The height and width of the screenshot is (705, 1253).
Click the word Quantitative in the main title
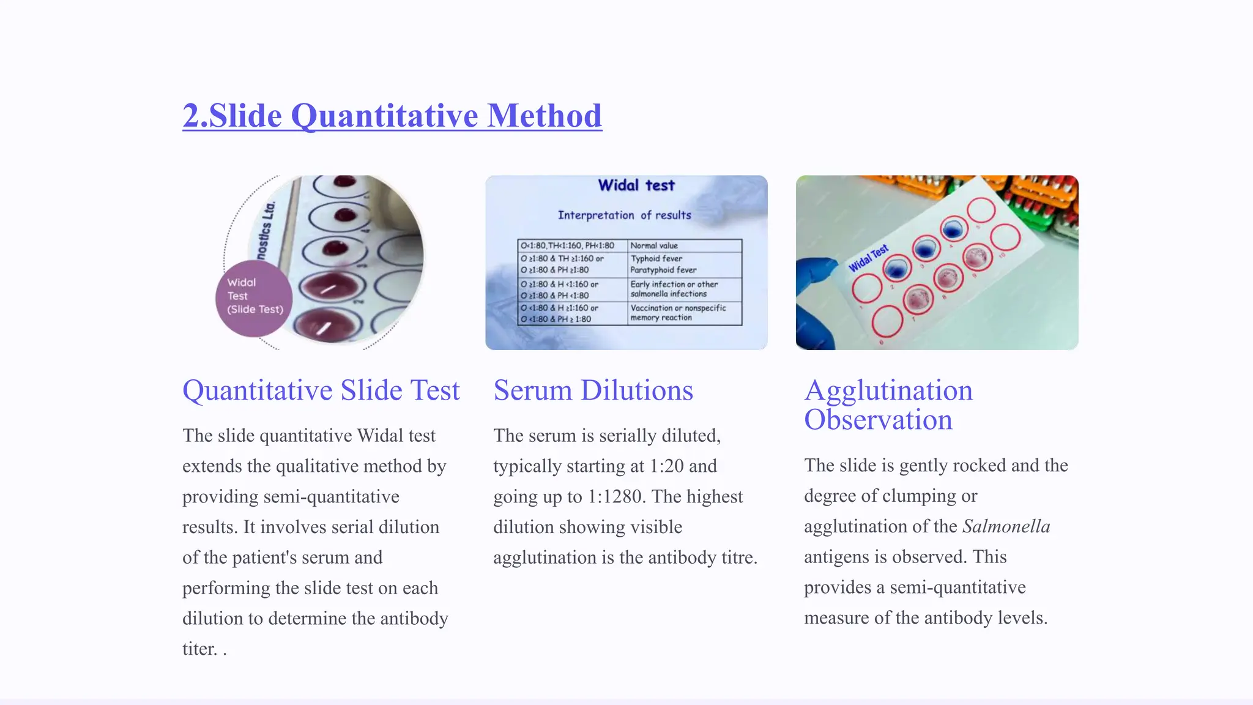tap(384, 116)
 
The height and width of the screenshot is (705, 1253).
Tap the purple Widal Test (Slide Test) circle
tap(253, 298)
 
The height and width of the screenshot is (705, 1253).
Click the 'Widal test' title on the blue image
tap(636, 185)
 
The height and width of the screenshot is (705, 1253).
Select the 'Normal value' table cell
tap(654, 245)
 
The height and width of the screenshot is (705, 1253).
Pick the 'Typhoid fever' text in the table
tap(656, 259)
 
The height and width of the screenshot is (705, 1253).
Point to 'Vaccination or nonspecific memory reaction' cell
tap(678, 313)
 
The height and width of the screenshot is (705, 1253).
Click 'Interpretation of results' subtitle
tap(624, 215)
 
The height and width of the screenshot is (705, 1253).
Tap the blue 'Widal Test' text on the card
tap(868, 258)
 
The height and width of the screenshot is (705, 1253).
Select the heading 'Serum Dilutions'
tap(593, 390)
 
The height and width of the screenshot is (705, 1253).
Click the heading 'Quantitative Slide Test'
tap(321, 390)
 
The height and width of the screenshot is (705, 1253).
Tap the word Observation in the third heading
tap(878, 420)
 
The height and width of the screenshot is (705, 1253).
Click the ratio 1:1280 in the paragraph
tap(616, 496)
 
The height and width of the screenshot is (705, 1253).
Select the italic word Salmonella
tap(1006, 526)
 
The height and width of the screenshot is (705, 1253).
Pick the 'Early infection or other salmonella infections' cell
tap(674, 289)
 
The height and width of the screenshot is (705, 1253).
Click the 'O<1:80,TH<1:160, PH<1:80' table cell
tap(567, 245)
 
